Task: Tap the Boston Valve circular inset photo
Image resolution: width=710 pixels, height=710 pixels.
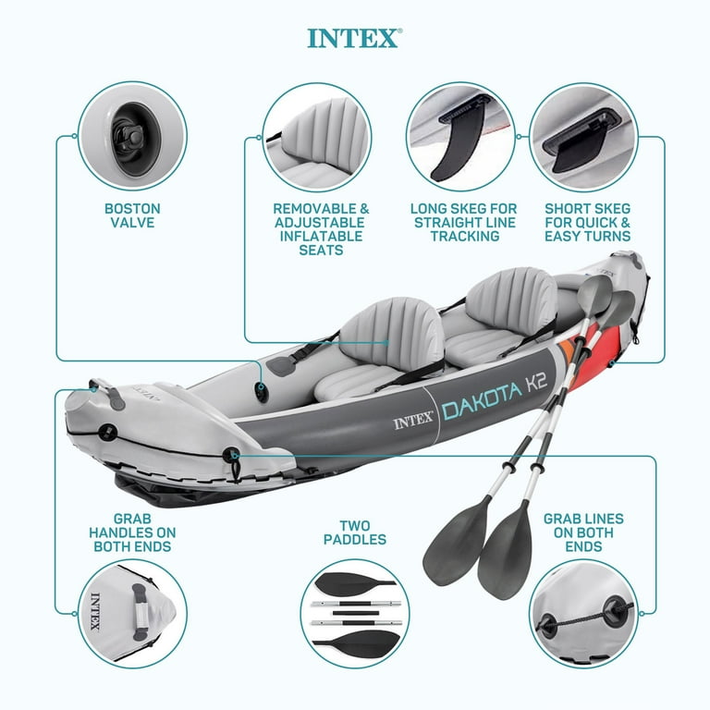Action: pyautogui.click(x=132, y=136)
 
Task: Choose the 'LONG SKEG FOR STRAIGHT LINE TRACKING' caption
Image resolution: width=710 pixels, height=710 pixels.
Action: pyautogui.click(x=464, y=223)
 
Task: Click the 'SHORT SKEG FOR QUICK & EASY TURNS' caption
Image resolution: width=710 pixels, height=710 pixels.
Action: pyautogui.click(x=588, y=223)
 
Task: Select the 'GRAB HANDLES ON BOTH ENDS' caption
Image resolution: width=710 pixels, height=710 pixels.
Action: pyautogui.click(x=132, y=533)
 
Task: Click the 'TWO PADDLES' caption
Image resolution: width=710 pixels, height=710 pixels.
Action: pyautogui.click(x=355, y=532)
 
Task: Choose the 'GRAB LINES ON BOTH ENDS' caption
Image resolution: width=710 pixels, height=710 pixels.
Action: pyautogui.click(x=583, y=532)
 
